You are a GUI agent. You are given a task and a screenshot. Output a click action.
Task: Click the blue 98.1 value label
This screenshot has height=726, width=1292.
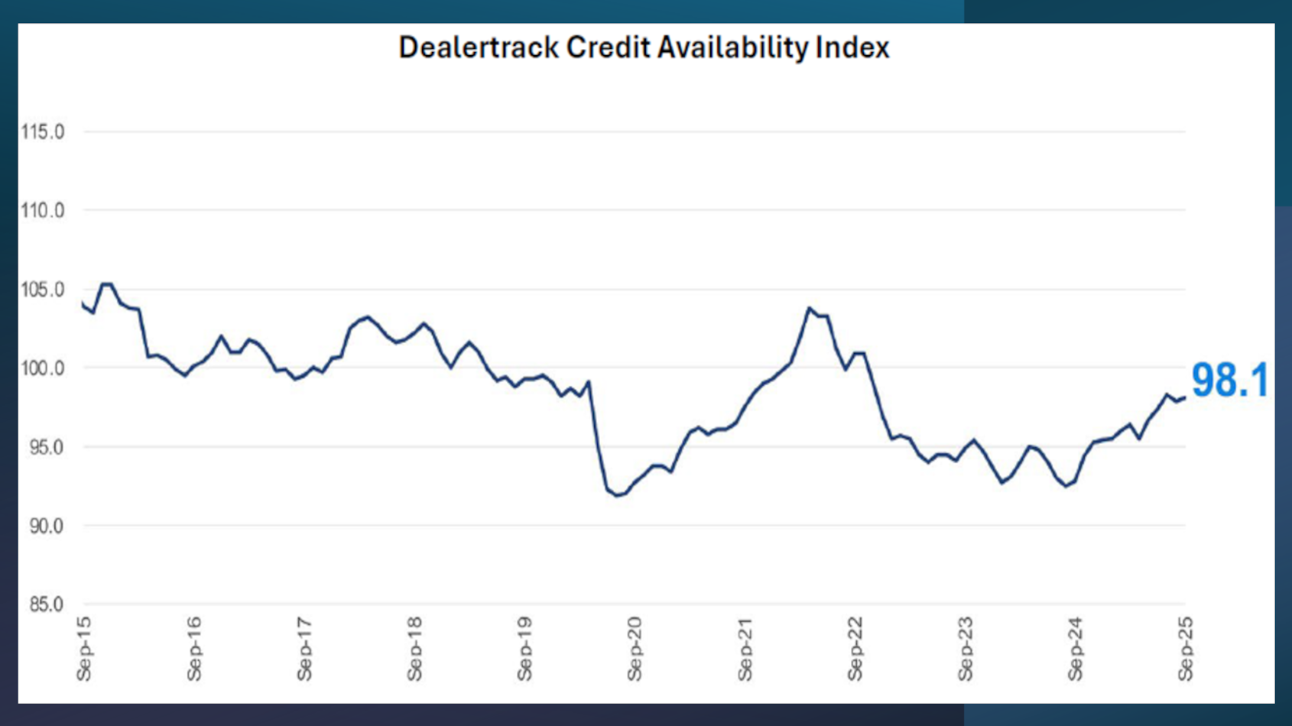click(x=1229, y=380)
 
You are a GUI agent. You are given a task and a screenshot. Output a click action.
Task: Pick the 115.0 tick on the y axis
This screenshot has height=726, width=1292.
click(x=43, y=132)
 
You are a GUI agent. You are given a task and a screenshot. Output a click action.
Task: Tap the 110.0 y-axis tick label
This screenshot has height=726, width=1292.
click(x=43, y=210)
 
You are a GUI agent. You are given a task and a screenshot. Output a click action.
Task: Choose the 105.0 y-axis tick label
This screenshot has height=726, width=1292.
click(x=43, y=290)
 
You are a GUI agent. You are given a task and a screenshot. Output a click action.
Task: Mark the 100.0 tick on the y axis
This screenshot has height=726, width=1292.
click(x=43, y=368)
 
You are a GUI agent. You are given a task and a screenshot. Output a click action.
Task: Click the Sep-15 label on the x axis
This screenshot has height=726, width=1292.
click(x=84, y=649)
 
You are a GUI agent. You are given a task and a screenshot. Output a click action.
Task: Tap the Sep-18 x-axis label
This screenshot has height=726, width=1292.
click(x=414, y=649)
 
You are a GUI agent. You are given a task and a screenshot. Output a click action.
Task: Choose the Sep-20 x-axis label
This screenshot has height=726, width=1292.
click(x=635, y=649)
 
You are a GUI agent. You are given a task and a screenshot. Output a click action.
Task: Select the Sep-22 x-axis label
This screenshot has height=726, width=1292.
click(x=855, y=649)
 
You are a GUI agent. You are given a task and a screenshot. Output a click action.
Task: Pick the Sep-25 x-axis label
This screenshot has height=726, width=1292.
click(x=1185, y=649)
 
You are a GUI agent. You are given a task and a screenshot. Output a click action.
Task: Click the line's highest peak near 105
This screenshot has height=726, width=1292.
click(x=107, y=284)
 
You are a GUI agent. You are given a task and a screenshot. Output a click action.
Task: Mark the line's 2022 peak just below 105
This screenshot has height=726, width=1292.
click(x=809, y=308)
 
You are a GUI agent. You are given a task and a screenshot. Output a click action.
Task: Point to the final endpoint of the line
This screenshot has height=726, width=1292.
click(x=1185, y=397)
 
